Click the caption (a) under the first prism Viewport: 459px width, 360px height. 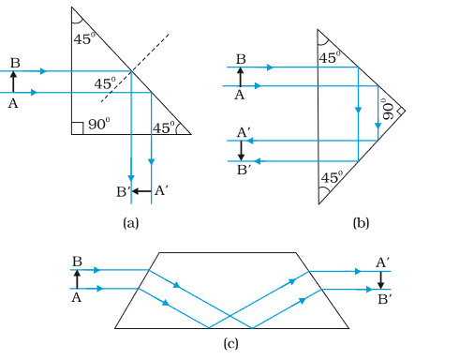pos(131,223)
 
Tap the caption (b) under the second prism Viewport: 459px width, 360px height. pos(361,223)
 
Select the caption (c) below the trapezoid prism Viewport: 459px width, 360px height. pos(230,343)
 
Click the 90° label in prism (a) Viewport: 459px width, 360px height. pos(99,124)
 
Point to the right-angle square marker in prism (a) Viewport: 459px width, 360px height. pos(77,128)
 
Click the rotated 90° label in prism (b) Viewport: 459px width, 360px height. pos(388,109)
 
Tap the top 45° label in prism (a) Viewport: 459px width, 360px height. pos(84,38)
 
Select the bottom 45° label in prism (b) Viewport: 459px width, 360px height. pos(332,177)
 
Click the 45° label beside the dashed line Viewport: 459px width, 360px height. pos(105,83)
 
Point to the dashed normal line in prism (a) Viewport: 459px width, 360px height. pos(135,67)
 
